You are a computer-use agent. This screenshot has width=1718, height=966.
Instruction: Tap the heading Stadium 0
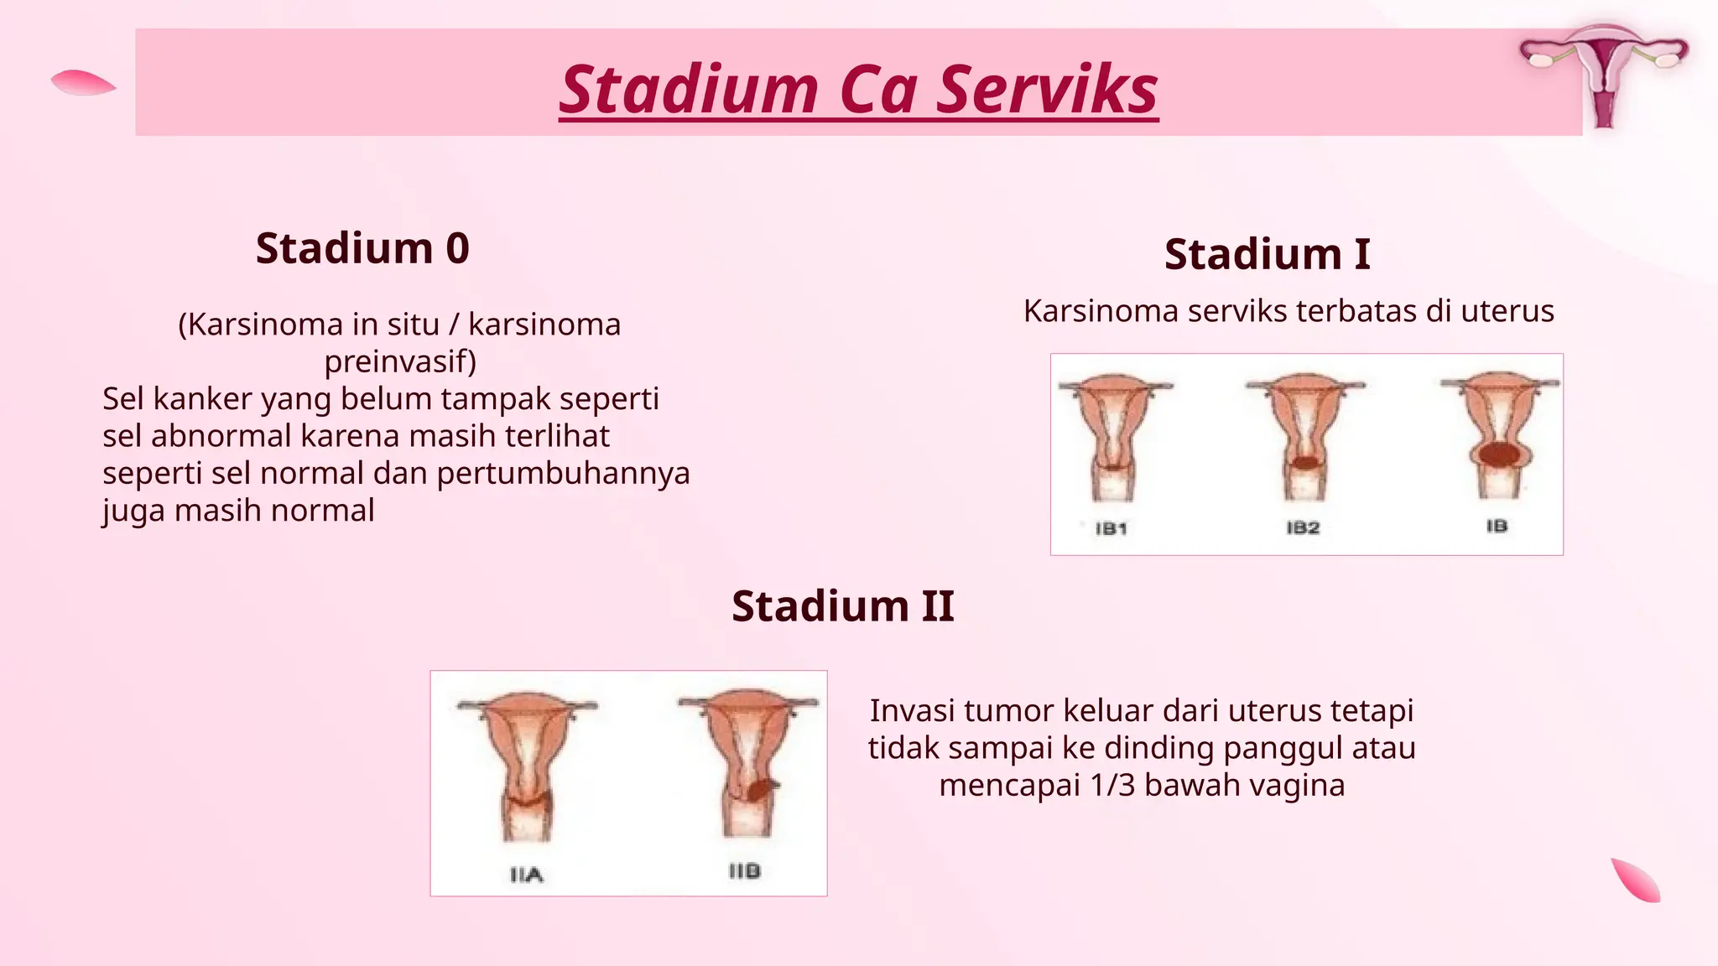(362, 248)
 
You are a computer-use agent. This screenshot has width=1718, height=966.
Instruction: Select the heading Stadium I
(1267, 254)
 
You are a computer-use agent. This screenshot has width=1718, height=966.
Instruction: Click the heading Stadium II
(842, 606)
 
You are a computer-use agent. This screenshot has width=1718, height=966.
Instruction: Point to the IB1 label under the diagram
(1111, 528)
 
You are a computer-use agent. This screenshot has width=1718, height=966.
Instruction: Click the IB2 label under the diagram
(1303, 527)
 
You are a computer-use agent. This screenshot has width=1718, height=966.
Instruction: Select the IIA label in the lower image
(527, 875)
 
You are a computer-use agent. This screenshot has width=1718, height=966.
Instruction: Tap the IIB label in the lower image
(744, 871)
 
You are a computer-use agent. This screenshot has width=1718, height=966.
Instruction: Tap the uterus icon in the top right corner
(1603, 74)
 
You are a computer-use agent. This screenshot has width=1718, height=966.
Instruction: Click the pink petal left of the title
(82, 83)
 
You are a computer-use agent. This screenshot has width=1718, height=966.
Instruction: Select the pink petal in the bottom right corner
(1636, 880)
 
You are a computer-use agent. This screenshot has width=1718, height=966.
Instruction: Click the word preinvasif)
(400, 361)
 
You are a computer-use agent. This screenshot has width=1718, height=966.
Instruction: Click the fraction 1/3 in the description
(1111, 786)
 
